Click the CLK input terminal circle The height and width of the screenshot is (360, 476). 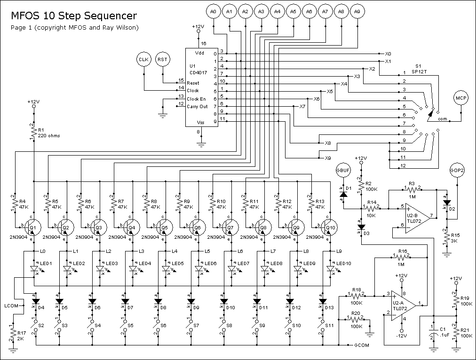[143, 59]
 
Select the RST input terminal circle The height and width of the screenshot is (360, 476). [162, 59]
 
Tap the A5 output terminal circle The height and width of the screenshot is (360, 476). [293, 12]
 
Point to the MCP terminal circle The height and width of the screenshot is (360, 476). [461, 98]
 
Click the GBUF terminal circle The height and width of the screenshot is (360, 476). [343, 171]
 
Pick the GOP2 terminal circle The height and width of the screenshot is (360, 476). [457, 171]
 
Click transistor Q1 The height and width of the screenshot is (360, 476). [33, 227]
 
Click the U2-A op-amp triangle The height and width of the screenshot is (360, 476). [404, 303]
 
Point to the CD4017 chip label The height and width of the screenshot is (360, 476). [198, 73]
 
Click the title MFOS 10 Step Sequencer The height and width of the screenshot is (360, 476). [74, 16]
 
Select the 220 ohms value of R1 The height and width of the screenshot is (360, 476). [49, 135]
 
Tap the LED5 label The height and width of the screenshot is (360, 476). [178, 264]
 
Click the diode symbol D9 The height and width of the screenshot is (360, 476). [190, 301]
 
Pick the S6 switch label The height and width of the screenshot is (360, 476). [163, 325]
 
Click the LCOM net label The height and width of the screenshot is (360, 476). [11, 305]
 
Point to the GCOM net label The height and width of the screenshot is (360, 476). [362, 345]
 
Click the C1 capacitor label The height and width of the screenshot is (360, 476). [443, 329]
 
